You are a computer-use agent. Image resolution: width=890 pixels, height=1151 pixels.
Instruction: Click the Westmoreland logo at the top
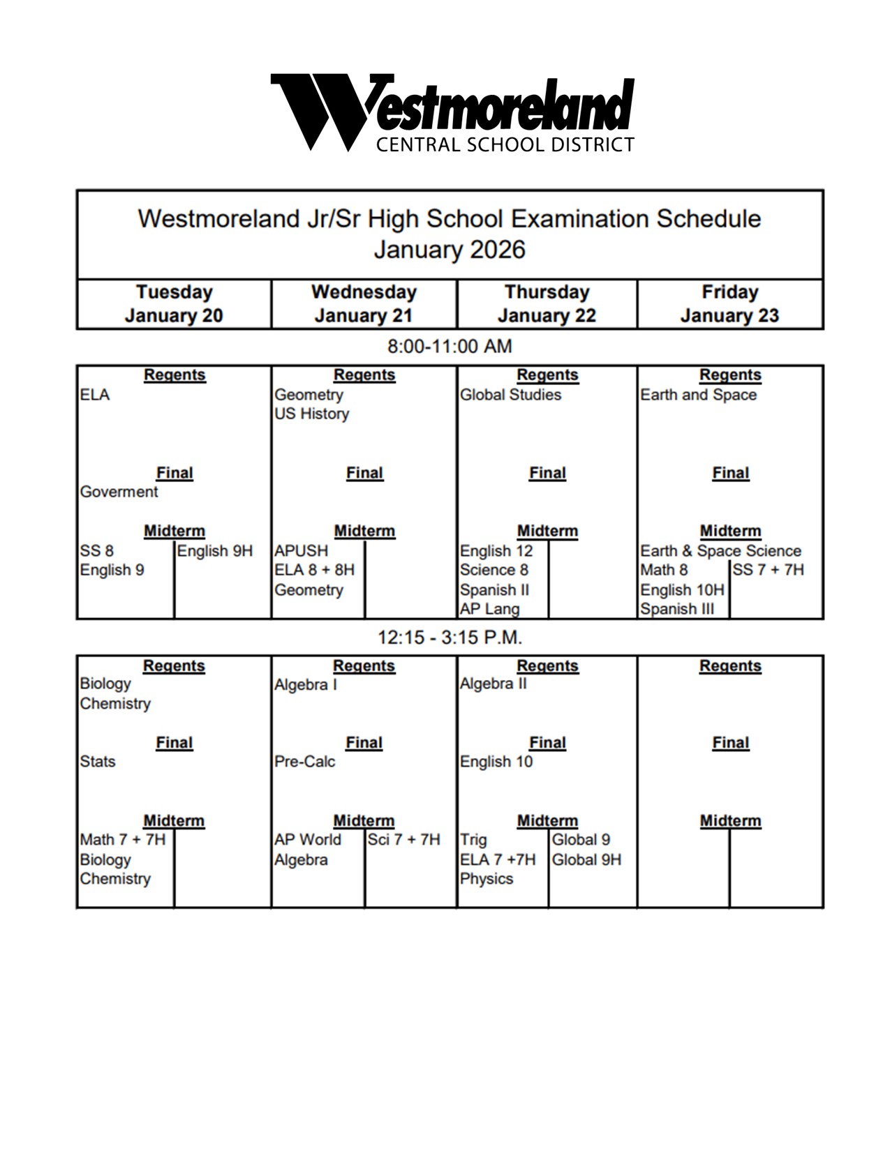[x=452, y=112]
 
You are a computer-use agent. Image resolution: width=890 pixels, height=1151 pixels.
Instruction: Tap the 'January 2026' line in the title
[x=450, y=250]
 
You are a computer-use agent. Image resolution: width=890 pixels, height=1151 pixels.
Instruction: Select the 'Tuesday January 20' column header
[x=174, y=304]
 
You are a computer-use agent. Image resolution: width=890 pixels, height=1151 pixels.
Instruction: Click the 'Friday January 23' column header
[x=729, y=304]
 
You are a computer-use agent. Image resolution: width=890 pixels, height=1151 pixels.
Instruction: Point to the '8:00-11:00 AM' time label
[x=450, y=347]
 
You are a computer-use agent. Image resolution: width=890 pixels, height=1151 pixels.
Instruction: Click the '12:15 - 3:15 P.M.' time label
[x=450, y=638]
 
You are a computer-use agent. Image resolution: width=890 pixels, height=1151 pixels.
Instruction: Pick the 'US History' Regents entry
[x=311, y=414]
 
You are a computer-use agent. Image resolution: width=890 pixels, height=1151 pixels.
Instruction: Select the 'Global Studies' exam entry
[x=510, y=395]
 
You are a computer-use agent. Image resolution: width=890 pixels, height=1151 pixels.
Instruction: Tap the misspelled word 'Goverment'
[x=119, y=492]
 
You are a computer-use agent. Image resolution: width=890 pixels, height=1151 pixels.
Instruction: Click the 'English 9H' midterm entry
[x=214, y=551]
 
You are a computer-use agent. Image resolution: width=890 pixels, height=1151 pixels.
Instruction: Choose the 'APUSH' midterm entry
[x=301, y=551]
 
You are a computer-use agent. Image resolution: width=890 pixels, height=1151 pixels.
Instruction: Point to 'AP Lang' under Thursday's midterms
[x=489, y=609]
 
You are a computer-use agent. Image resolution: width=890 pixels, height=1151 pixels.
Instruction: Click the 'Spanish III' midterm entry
[x=677, y=609]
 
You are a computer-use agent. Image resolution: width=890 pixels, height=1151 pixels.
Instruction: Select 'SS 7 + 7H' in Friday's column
[x=768, y=570]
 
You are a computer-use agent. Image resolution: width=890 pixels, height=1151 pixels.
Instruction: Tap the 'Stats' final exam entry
[x=98, y=762]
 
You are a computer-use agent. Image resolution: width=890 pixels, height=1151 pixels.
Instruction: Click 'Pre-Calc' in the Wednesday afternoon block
[x=304, y=762]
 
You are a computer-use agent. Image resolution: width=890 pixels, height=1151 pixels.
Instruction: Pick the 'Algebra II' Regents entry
[x=493, y=684]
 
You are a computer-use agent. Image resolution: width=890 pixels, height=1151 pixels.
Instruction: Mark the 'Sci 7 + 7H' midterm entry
[x=403, y=840]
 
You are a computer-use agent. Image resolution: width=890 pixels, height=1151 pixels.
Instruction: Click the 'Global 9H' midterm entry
[x=586, y=859]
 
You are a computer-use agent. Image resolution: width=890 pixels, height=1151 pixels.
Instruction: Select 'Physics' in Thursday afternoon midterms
[x=486, y=879]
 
